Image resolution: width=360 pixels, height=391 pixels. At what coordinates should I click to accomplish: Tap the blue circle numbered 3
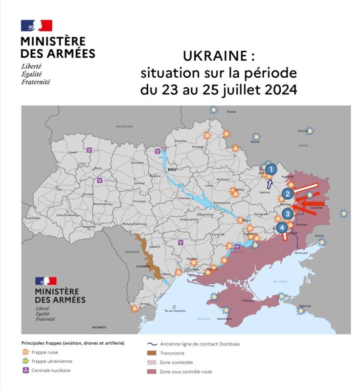point(288,213)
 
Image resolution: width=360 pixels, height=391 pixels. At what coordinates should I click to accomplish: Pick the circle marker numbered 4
point(282,227)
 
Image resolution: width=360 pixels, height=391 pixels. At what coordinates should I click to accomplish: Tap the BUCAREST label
point(99,326)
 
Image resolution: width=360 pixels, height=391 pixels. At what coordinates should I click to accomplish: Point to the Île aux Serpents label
point(174,311)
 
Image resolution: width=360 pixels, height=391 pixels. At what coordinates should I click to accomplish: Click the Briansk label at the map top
point(231,111)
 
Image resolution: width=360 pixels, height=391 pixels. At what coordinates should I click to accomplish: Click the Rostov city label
point(320,236)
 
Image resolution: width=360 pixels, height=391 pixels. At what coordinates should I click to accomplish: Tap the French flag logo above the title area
point(36,26)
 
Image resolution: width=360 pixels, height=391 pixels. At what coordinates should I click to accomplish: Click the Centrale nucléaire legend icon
point(25,370)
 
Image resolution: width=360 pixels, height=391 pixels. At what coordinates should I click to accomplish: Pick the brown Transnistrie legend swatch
point(153,353)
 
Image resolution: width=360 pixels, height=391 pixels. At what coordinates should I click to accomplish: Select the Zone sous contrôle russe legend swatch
point(153,372)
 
